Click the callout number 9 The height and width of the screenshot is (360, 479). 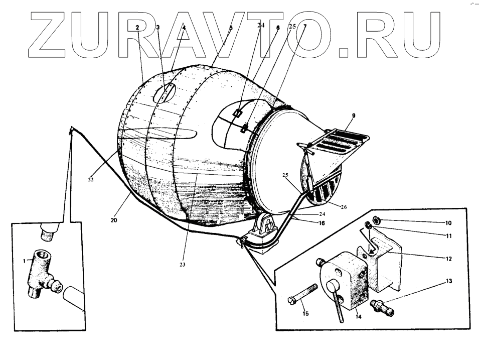(x=353, y=116)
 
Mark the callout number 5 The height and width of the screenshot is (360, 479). (x=231, y=29)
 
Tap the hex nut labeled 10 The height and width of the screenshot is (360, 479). (x=377, y=220)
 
